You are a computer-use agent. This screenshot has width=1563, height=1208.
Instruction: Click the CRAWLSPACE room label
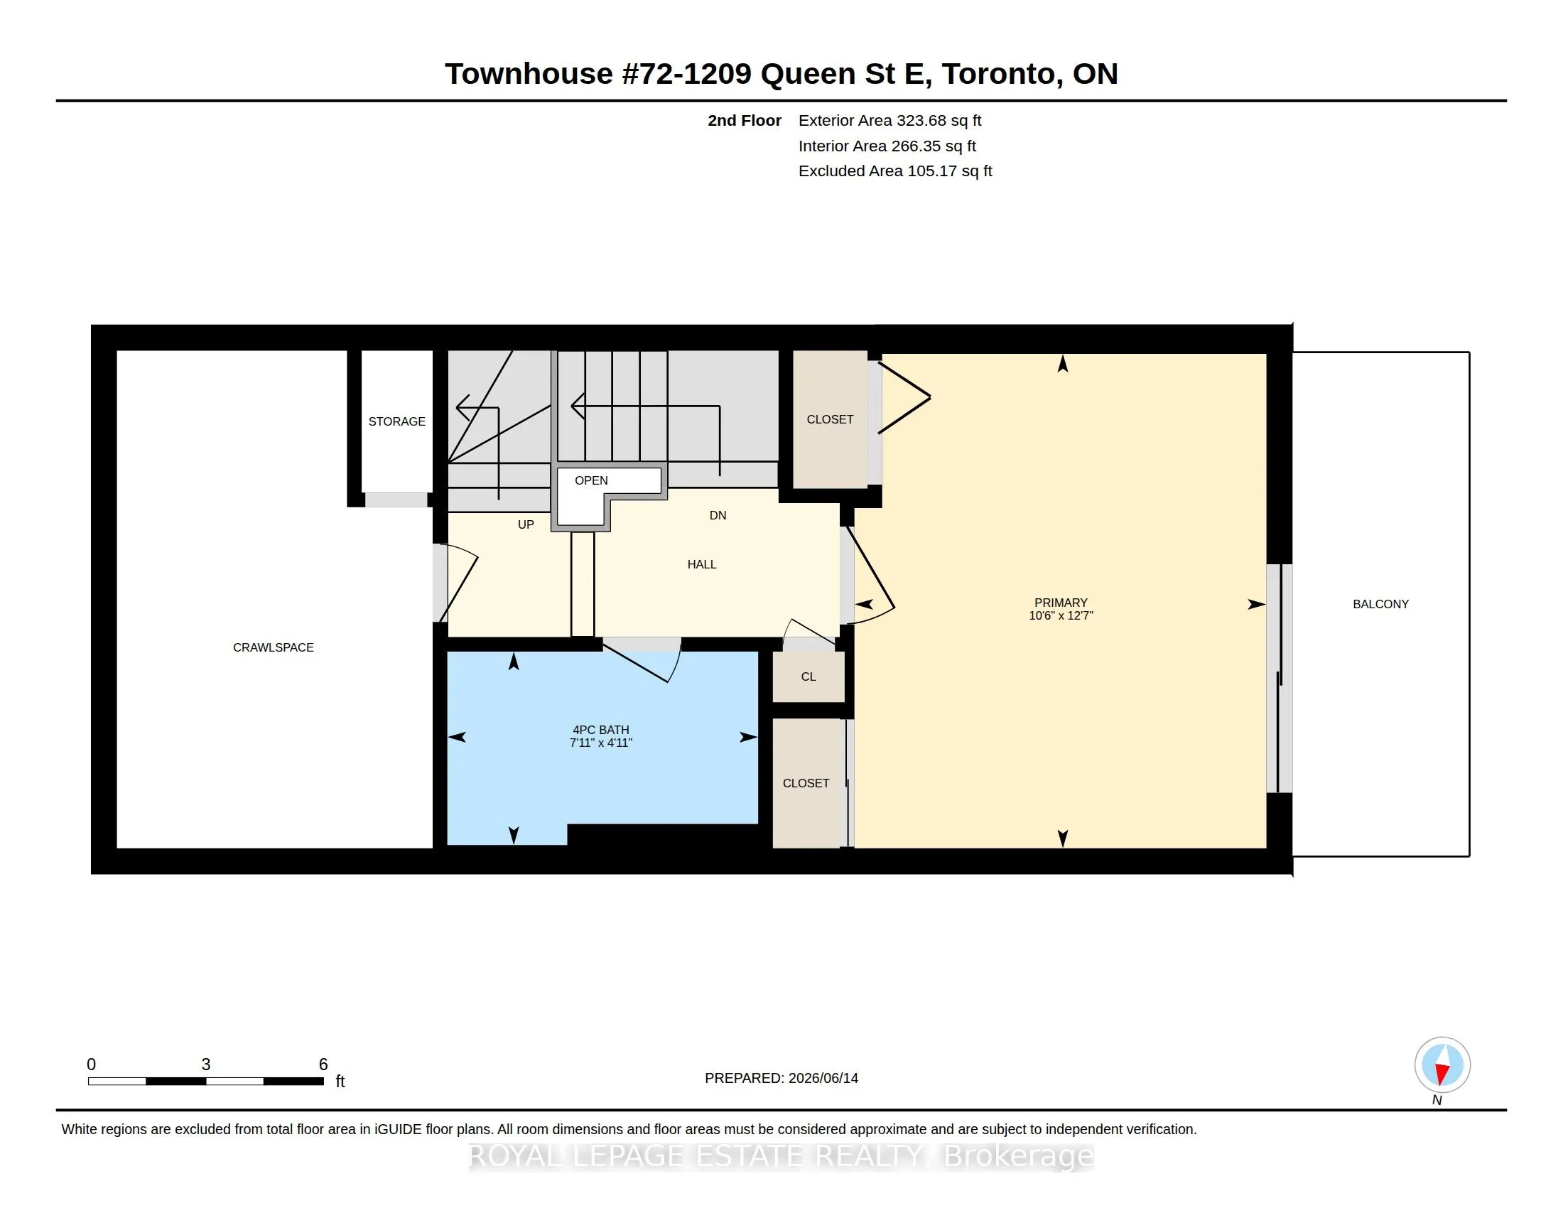click(274, 647)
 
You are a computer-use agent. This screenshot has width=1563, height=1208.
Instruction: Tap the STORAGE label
click(396, 421)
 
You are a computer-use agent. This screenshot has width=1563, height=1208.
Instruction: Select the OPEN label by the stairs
click(591, 480)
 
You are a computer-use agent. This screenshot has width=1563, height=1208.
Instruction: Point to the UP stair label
click(526, 524)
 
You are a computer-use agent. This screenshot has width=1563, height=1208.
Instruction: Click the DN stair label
click(718, 515)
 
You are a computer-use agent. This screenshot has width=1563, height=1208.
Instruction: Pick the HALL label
click(702, 565)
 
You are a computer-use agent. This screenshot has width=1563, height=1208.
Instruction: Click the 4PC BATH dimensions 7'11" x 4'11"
click(601, 743)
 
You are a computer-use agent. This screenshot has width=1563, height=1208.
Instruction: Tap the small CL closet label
click(808, 677)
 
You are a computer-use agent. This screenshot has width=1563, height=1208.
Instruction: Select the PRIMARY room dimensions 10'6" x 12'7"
click(1061, 615)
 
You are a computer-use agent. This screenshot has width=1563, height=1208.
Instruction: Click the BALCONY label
click(1380, 604)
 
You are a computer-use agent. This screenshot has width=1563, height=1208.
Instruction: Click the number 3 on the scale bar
click(206, 1064)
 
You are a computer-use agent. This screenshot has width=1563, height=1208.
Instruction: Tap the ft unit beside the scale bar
click(340, 1082)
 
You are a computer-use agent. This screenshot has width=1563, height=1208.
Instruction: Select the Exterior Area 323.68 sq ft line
click(889, 121)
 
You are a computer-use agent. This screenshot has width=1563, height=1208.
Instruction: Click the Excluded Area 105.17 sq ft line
click(895, 171)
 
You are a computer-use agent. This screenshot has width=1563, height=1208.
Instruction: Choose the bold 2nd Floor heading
click(745, 121)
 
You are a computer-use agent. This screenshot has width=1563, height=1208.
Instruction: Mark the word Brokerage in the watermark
click(1019, 1156)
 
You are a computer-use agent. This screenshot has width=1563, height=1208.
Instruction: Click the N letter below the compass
click(1437, 1100)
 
